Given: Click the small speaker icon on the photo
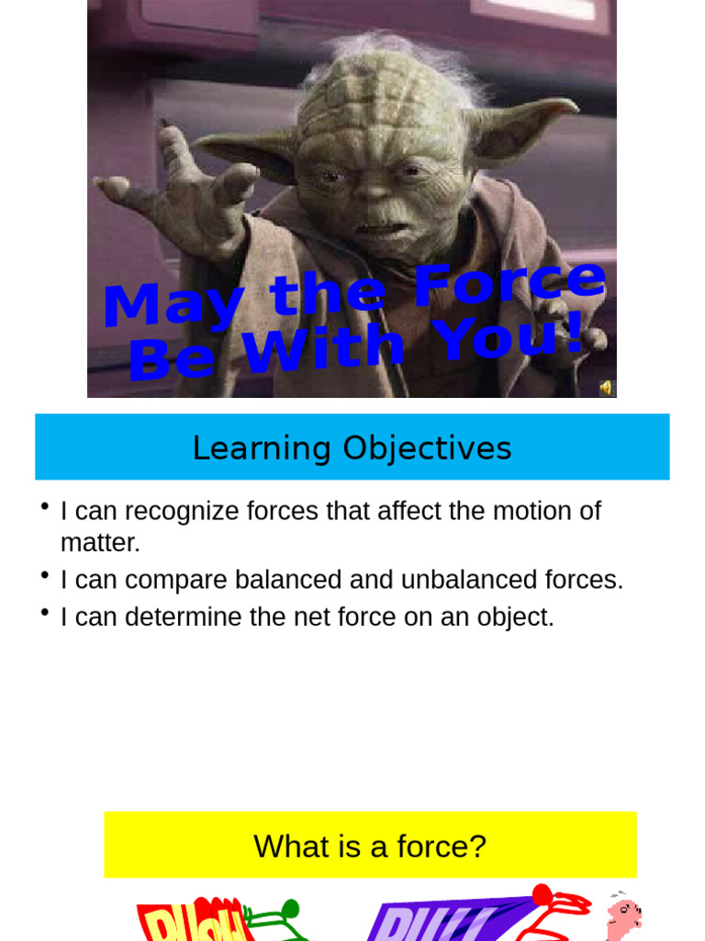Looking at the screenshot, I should click(606, 388).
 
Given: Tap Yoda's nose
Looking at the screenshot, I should click(375, 187).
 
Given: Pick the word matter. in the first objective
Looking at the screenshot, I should click(100, 543).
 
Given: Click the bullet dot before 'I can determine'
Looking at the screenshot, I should click(43, 611).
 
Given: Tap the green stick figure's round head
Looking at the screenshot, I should click(289, 909).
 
